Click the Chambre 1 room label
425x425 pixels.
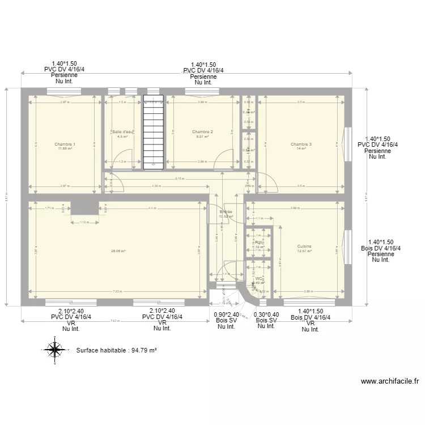click(x=65, y=144)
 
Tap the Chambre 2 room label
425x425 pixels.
click(x=202, y=132)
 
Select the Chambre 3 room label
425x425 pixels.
click(x=301, y=144)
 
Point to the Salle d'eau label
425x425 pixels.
click(x=122, y=132)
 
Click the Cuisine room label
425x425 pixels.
click(x=304, y=246)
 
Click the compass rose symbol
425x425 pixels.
click(x=54, y=350)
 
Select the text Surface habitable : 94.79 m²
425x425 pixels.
click(x=116, y=350)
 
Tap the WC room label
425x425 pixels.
click(x=258, y=279)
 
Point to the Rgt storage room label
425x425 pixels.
click(x=258, y=243)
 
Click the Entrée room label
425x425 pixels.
click(x=226, y=212)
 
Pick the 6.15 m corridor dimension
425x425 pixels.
click(x=179, y=179)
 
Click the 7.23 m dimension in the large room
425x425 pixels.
click(x=118, y=292)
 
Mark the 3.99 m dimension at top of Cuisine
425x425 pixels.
click(x=295, y=208)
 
